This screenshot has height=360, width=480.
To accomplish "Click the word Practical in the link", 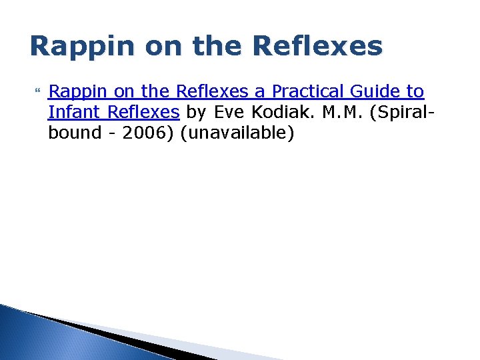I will pyautogui.click(x=306, y=91).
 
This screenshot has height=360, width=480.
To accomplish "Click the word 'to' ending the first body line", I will pyautogui.click(x=415, y=91).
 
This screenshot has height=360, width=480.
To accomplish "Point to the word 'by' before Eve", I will pyautogui.click(x=197, y=112).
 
